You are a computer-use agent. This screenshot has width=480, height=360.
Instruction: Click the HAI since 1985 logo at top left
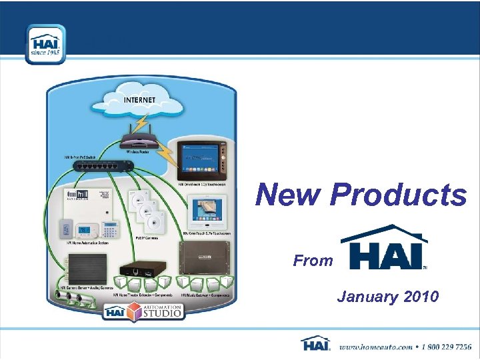45,44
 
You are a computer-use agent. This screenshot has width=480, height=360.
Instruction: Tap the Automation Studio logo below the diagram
143,310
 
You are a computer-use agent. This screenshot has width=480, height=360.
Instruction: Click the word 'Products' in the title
399,195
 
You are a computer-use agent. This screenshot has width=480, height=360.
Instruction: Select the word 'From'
313,261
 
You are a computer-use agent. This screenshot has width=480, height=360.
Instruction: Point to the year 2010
419,297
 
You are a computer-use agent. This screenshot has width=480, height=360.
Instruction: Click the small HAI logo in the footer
315,344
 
